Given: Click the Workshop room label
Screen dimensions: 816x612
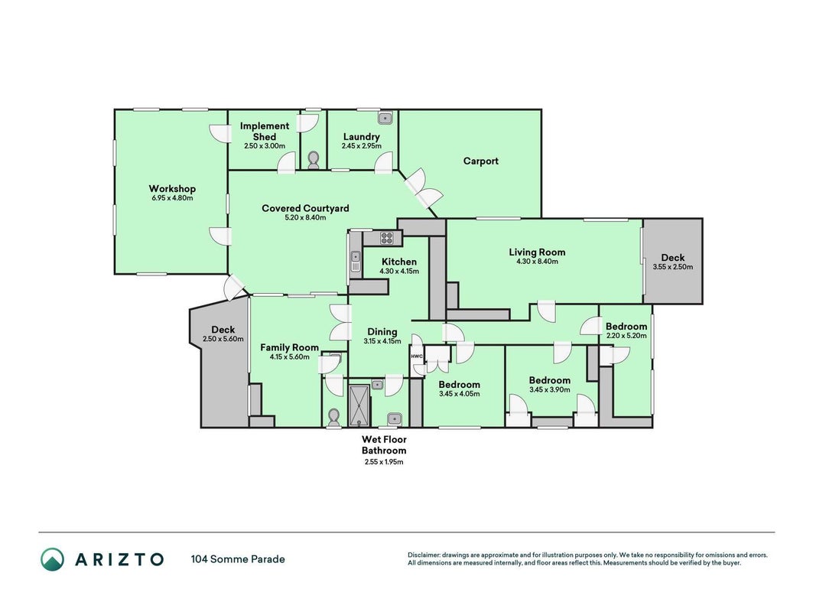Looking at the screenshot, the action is (172, 189).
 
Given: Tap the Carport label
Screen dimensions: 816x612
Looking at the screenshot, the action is (481, 161).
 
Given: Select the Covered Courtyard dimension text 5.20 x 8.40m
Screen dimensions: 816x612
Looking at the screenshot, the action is (305, 217).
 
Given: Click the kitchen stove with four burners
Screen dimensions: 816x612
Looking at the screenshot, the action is (387, 239).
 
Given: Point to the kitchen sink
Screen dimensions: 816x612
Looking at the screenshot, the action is (356, 262).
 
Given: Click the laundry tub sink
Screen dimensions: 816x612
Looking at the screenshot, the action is (385, 118).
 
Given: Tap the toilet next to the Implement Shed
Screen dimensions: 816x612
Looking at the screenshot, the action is (314, 161).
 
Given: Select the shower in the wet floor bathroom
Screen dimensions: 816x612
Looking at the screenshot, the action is (359, 405).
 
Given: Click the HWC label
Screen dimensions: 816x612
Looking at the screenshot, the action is (417, 356).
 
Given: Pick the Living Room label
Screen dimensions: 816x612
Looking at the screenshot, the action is (537, 252).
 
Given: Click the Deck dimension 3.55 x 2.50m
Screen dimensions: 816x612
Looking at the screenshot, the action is (673, 267).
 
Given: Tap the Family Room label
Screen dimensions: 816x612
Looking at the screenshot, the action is (289, 347).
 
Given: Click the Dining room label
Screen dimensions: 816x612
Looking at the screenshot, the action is (382, 332).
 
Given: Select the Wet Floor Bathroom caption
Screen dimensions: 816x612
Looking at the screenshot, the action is (384, 445).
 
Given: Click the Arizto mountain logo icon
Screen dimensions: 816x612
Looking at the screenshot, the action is (53, 559).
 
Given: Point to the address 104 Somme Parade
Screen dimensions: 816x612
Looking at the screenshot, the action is (238, 559).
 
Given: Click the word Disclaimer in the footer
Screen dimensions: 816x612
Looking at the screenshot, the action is (424, 555).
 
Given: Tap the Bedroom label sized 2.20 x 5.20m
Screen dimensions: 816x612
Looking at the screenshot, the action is (626, 327).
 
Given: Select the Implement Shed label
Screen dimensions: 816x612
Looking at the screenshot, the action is (265, 131).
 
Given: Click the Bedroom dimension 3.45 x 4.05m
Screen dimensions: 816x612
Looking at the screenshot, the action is (459, 394).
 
